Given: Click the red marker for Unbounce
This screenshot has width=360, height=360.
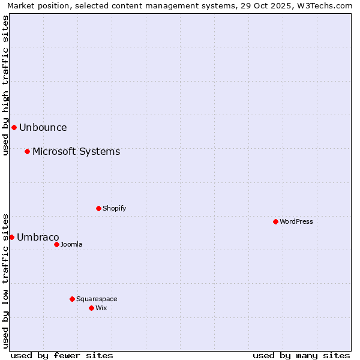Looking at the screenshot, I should (14, 127).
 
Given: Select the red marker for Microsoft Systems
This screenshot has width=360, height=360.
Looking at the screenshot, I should (27, 151).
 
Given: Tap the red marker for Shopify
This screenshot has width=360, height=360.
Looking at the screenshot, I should (98, 208).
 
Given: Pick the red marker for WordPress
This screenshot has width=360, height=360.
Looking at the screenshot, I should (275, 221).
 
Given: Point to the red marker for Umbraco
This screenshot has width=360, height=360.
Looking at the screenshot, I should (11, 237).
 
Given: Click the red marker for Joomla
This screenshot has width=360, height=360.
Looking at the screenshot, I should (56, 244).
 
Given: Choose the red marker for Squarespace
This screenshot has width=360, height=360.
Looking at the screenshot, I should (72, 299).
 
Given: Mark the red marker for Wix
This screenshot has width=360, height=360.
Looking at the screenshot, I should (91, 308).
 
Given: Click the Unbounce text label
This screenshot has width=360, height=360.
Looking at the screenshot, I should (43, 127).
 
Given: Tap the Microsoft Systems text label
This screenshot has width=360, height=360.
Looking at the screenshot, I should (76, 151).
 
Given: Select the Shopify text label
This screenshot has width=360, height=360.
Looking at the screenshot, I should (114, 208).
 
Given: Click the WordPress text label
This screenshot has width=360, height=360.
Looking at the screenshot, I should (296, 221).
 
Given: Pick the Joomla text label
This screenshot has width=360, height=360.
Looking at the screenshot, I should (71, 244).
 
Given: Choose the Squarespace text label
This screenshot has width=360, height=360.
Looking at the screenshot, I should (97, 299).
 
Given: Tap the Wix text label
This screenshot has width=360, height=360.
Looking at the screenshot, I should (101, 308).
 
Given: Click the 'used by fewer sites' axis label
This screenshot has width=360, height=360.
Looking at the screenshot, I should (62, 355).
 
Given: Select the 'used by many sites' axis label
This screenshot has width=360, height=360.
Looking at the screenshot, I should (301, 355).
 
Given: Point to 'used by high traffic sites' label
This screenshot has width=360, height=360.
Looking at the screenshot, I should (5, 85).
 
